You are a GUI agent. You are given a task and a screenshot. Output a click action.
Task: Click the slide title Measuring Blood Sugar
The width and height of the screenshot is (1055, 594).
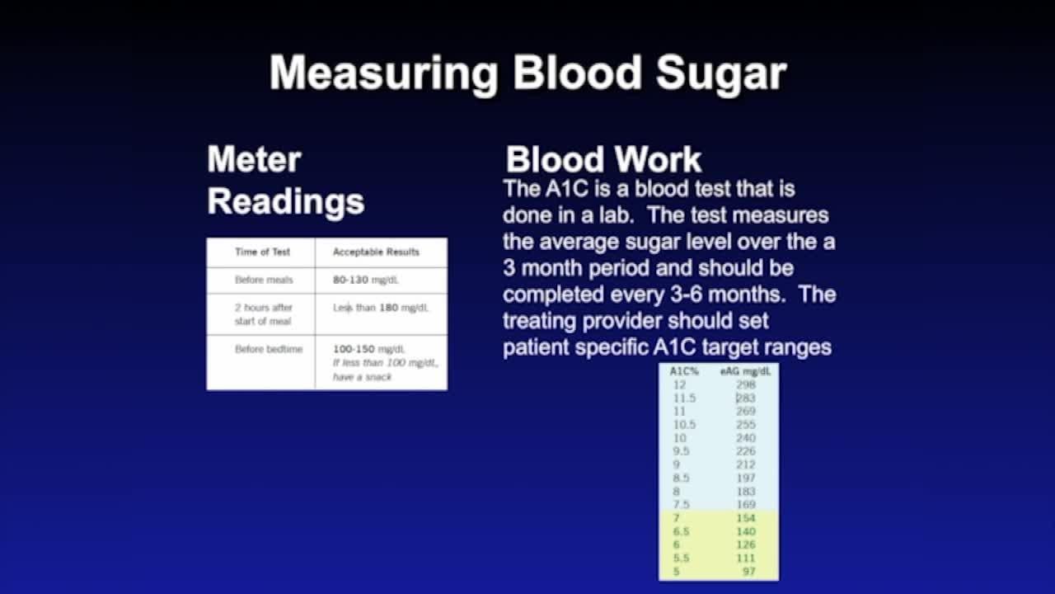(527, 73)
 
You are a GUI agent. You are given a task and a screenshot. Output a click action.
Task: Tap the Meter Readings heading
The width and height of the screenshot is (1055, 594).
(285, 180)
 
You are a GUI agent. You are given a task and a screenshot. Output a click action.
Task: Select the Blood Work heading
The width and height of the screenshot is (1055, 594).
(603, 159)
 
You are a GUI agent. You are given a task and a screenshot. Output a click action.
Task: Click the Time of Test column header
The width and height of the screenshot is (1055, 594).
(262, 252)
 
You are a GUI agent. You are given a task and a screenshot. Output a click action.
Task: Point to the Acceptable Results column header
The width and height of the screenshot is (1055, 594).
(376, 252)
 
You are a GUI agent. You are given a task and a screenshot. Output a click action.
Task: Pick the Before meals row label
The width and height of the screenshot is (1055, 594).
(263, 280)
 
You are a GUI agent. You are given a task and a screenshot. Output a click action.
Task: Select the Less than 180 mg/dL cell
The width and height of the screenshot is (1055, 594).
(380, 308)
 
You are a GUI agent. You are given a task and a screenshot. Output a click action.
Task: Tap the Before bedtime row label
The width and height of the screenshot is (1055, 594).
(268, 349)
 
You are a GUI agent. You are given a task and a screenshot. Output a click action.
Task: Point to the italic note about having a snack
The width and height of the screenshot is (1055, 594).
(384, 370)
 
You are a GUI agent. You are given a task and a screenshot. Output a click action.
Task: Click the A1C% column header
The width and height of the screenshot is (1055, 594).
(684, 371)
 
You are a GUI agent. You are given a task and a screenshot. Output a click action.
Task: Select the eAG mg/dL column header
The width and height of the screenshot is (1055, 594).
(745, 371)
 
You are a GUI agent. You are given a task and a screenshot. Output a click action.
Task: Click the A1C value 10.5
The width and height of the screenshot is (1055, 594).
(684, 425)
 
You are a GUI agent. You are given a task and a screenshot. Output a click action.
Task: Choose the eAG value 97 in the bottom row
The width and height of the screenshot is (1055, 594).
(748, 571)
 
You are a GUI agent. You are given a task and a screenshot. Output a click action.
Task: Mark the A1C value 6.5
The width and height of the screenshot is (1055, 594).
(681, 531)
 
